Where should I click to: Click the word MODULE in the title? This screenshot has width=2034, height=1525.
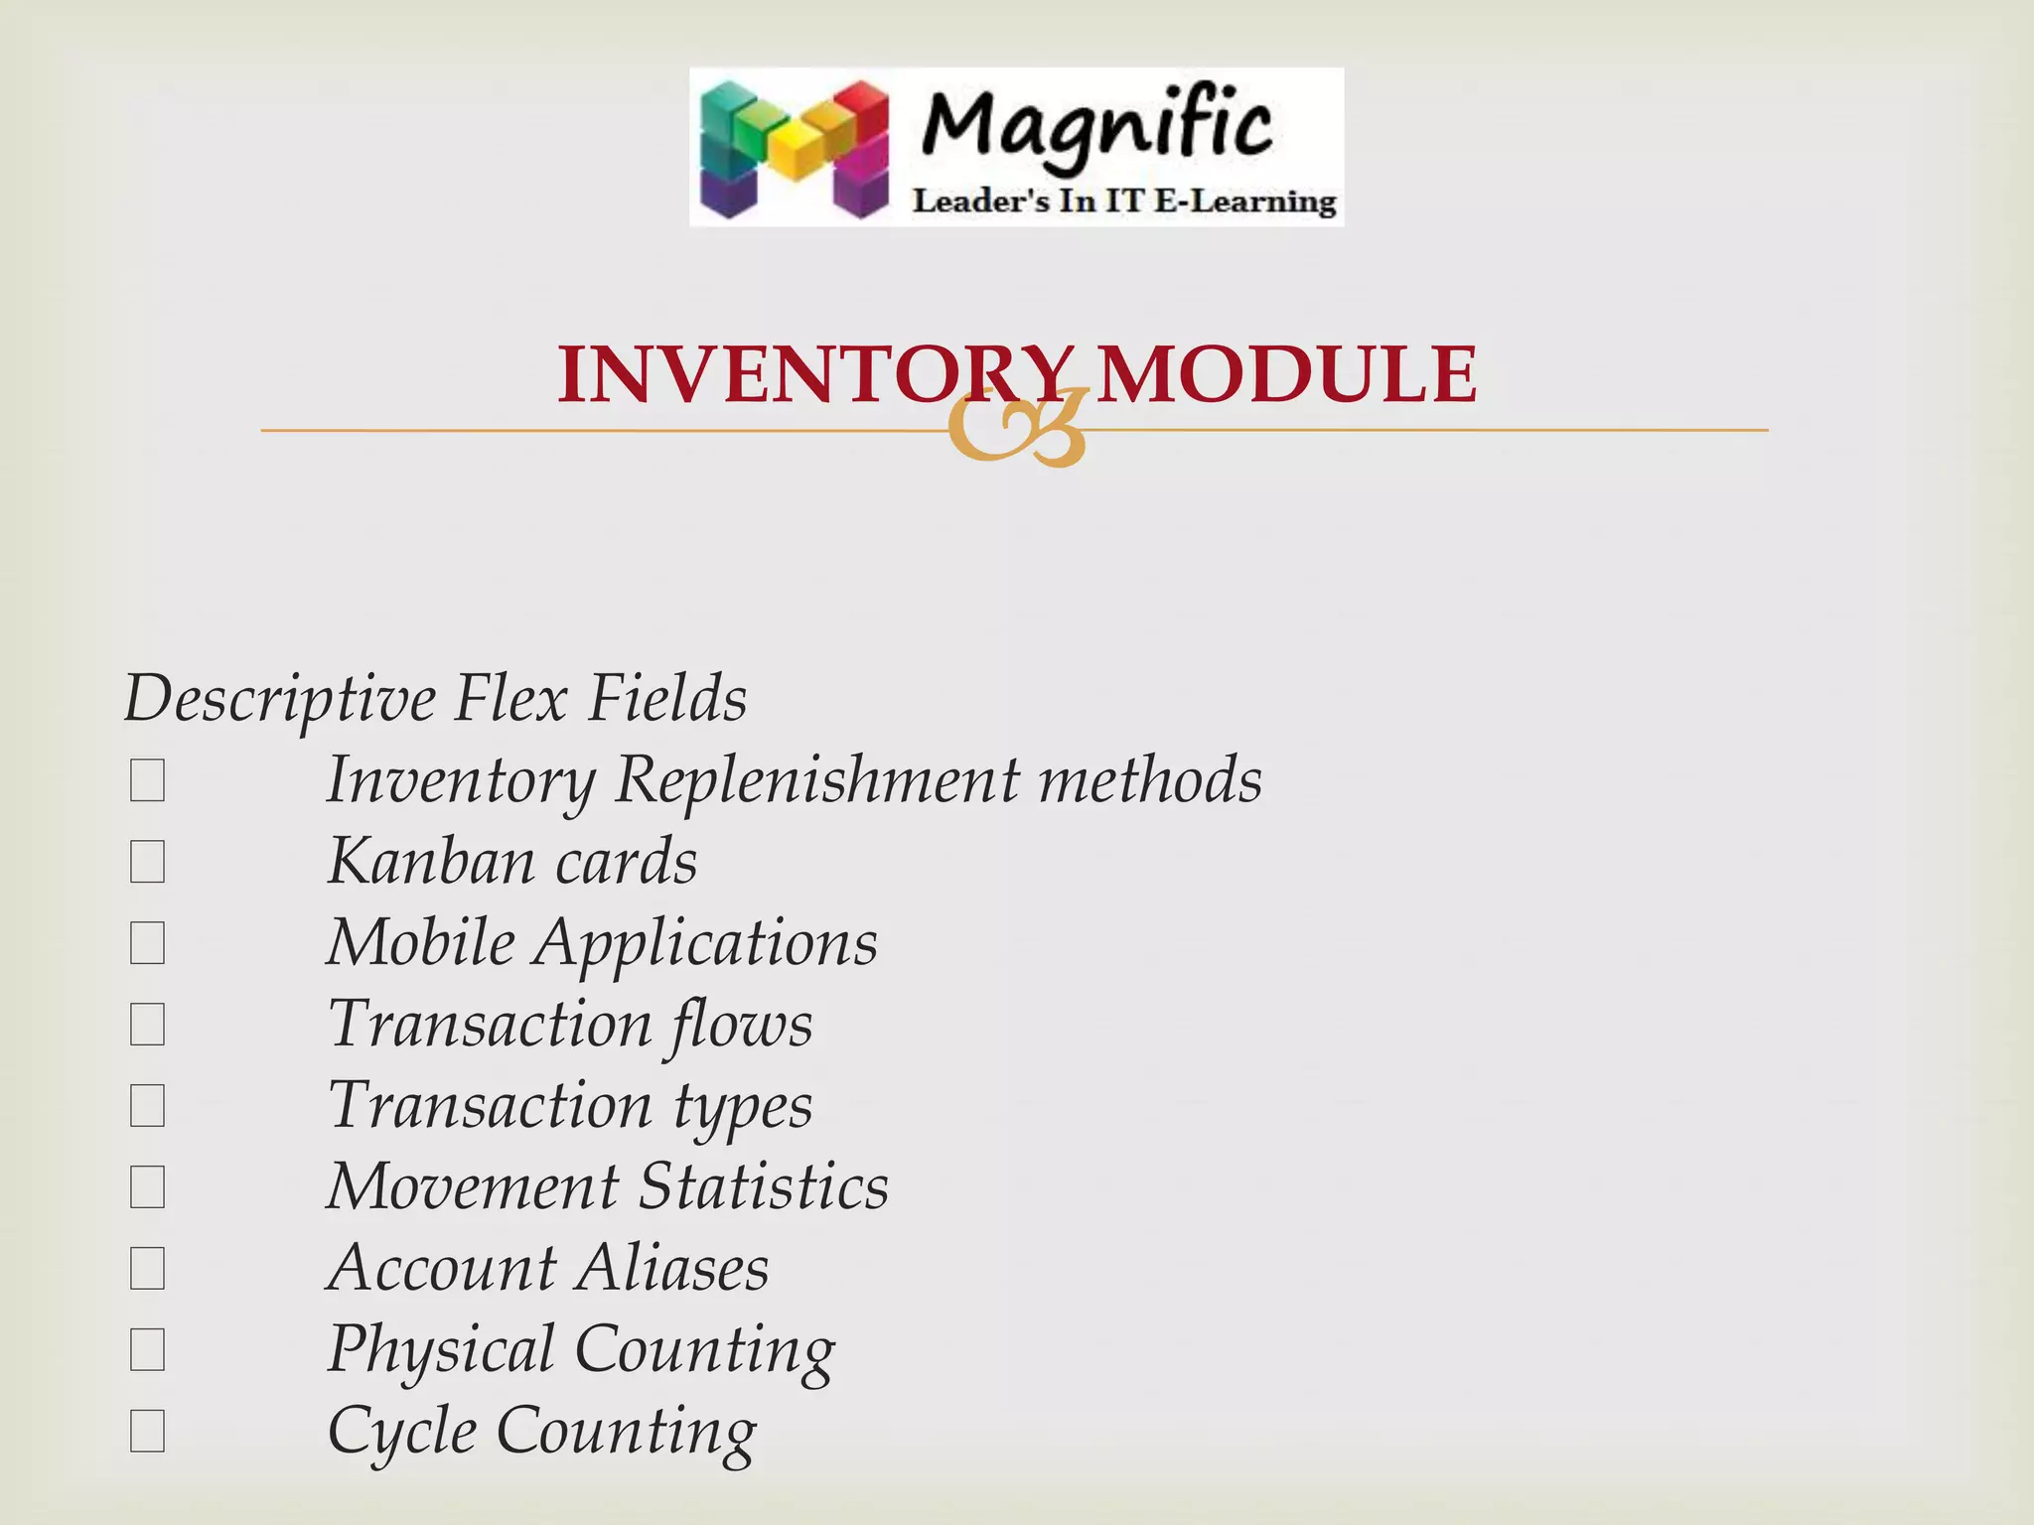point(1286,374)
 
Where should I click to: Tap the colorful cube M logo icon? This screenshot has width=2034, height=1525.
point(794,148)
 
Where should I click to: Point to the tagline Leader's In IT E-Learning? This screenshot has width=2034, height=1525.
point(1124,202)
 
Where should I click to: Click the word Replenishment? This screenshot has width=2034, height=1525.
point(816,780)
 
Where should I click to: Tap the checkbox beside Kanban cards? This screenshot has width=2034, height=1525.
point(147,862)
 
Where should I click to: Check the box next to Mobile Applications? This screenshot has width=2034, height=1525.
point(147,943)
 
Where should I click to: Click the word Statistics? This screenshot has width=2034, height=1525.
point(763,1187)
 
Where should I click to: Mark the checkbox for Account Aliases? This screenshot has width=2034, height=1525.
point(147,1269)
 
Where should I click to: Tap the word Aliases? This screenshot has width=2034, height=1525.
point(673,1269)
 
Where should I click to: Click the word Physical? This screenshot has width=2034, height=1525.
point(441,1350)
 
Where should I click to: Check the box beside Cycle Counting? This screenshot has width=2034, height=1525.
point(147,1432)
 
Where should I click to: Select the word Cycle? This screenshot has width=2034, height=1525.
point(402,1432)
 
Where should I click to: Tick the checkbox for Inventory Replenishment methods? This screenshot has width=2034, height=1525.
point(147,780)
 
